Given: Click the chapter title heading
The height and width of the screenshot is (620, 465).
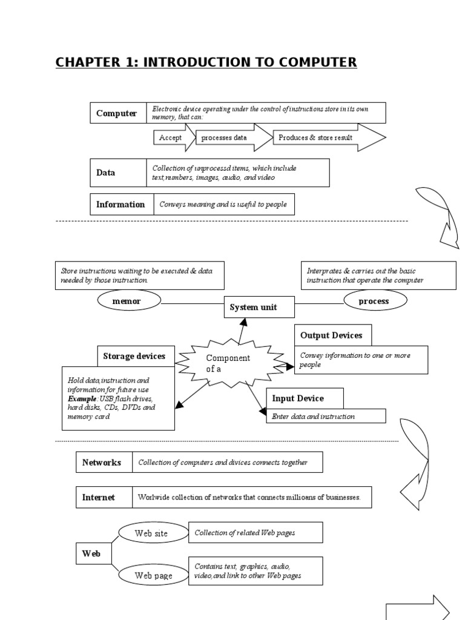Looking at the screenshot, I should point(206,62).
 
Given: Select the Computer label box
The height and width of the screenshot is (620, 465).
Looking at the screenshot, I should point(117,113).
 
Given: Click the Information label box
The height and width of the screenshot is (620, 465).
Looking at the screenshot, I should point(120,204).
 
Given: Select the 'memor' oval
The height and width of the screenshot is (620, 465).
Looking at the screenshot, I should point(127,301).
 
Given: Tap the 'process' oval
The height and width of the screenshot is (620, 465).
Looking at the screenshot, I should point(374,301).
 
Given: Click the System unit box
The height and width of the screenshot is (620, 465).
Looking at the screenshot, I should point(253,308).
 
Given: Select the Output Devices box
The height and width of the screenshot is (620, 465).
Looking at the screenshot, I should point(332,335).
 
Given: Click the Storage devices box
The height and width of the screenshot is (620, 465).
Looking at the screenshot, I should point(134,356).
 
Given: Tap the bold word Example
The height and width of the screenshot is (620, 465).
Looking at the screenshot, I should point(79,399).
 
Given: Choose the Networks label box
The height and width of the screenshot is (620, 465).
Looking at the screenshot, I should point(102,463).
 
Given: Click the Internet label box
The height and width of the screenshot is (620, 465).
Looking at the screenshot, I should point(99,497).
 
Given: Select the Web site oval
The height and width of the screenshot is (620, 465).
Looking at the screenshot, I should point(151,533).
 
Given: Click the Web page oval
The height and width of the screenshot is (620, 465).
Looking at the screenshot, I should point(153,575).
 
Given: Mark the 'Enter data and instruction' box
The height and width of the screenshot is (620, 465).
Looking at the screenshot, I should point(326,416).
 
